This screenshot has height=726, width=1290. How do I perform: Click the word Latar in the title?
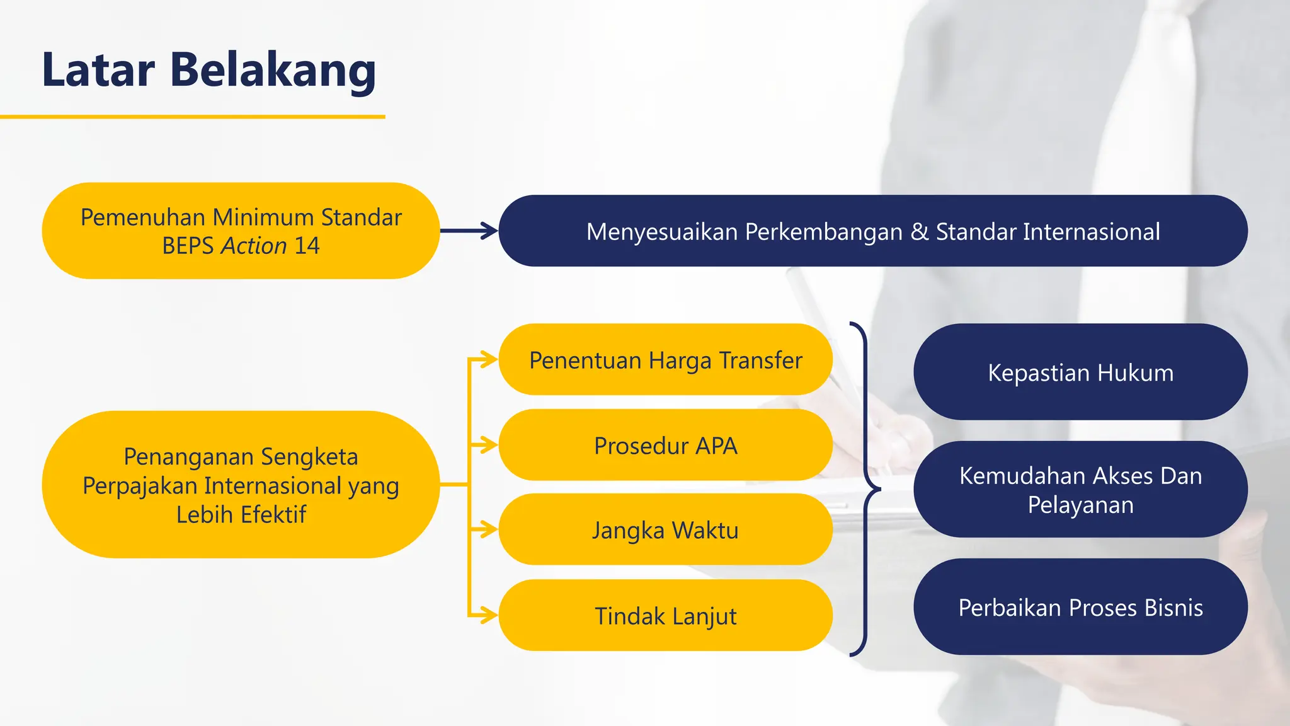(98, 70)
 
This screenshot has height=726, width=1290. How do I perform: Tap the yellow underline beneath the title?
(192, 117)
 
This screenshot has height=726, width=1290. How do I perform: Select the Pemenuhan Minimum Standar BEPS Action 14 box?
(241, 231)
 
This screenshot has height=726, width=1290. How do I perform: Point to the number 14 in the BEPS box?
(307, 246)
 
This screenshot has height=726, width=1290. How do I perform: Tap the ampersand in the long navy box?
(919, 231)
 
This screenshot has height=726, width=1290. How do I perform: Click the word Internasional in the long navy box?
(1091, 231)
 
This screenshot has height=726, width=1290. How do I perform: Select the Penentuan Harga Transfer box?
(665, 360)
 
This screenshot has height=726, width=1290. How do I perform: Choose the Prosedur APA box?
(665, 446)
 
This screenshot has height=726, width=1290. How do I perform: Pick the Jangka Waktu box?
(665, 530)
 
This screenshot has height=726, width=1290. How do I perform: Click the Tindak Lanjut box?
(665, 616)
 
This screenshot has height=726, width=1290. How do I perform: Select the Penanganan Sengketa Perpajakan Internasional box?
(241, 485)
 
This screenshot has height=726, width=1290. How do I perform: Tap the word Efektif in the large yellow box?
(272, 515)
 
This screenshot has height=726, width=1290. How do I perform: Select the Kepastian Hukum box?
(1080, 372)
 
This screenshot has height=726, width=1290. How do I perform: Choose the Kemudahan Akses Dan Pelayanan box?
(1080, 490)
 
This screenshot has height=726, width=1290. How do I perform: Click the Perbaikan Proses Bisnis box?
(1080, 607)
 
